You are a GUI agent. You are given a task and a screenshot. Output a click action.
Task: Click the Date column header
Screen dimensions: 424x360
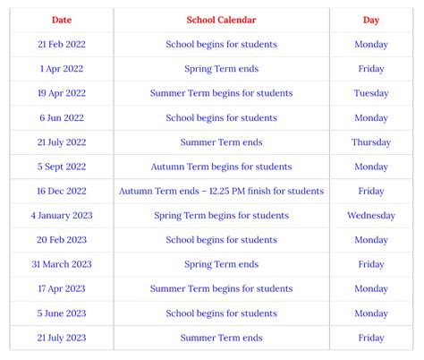click(62, 20)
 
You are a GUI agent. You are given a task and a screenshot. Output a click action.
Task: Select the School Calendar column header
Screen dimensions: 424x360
click(221, 20)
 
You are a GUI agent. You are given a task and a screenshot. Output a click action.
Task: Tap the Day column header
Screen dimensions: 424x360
click(371, 20)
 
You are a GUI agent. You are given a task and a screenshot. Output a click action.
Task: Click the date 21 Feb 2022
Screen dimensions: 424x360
click(62, 44)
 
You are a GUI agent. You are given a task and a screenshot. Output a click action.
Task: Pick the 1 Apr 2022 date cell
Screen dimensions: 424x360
click(62, 69)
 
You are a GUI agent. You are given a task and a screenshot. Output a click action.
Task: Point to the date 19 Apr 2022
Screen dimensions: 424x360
click(62, 93)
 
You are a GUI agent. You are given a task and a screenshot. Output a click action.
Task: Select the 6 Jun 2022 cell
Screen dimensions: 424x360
click(62, 117)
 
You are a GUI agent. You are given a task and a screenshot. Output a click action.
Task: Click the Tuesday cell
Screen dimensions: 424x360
click(371, 93)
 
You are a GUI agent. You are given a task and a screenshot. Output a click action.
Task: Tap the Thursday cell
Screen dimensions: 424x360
click(371, 142)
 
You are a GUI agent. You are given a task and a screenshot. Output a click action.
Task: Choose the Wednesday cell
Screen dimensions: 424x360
click(371, 216)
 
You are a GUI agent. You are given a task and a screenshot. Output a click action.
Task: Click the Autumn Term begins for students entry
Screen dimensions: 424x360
click(221, 167)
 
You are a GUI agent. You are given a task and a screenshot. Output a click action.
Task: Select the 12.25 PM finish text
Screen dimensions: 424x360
click(266, 191)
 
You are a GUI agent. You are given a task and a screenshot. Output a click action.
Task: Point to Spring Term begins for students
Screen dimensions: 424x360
click(221, 216)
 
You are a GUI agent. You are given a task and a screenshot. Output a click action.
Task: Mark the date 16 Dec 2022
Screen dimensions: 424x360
click(62, 191)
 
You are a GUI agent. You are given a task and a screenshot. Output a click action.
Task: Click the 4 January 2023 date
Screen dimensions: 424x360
click(62, 216)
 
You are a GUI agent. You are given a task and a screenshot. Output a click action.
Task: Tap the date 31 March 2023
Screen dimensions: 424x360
click(62, 264)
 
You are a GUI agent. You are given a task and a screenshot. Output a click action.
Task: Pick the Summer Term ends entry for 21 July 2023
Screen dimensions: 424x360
click(221, 338)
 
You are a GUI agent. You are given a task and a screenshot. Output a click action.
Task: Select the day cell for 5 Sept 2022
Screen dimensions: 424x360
click(371, 167)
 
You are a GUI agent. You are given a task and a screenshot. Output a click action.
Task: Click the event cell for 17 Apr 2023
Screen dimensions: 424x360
click(221, 288)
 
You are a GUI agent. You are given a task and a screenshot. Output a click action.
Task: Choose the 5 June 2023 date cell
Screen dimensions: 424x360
click(62, 313)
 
